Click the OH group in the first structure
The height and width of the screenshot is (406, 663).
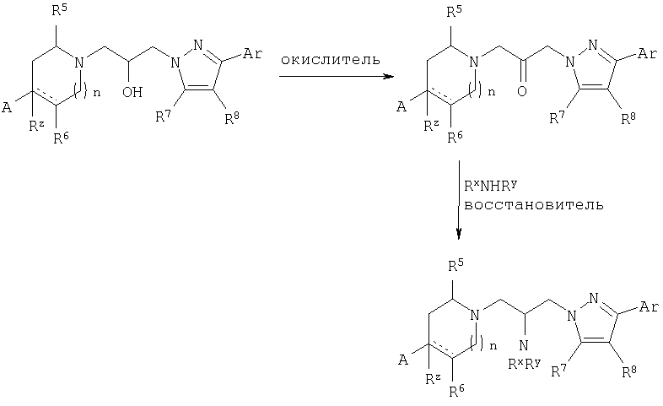coord(132,92)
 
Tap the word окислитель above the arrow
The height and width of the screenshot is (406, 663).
coord(330,60)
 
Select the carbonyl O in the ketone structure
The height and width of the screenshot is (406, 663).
coord(522,91)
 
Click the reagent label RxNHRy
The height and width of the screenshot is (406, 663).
coord(490,186)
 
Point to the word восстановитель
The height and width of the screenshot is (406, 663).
coord(534,205)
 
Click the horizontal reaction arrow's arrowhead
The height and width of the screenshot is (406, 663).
coord(388,76)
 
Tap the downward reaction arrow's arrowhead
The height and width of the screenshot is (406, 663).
coord(459,234)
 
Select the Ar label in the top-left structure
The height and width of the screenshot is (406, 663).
coord(252,54)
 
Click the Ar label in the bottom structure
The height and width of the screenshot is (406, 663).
coord(649,306)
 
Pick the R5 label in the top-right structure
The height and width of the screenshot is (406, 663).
coord(455,12)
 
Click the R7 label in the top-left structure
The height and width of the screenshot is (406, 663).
coord(163,116)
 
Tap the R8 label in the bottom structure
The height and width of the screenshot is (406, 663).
coord(629,371)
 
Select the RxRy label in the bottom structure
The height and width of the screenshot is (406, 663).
coord(525,363)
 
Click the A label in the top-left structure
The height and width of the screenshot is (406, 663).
coord(7,107)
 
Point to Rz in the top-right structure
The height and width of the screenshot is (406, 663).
coord(431,125)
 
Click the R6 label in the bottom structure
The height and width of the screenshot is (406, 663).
coord(456,391)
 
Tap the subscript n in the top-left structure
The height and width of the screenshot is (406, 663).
coord(96,93)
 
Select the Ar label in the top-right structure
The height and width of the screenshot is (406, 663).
coord(647,54)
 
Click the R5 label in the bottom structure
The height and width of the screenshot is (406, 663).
coord(455,265)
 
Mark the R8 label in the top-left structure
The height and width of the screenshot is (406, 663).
coord(232,118)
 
